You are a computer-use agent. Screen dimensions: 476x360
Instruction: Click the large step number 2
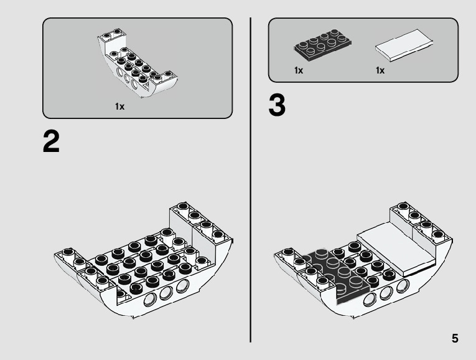[52, 143]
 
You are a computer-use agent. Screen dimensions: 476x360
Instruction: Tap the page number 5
[455, 339]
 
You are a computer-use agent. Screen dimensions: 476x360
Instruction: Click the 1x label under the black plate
[299, 71]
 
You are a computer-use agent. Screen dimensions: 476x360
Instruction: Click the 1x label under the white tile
[380, 71]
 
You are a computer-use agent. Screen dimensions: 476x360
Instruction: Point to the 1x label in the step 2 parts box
[119, 107]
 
